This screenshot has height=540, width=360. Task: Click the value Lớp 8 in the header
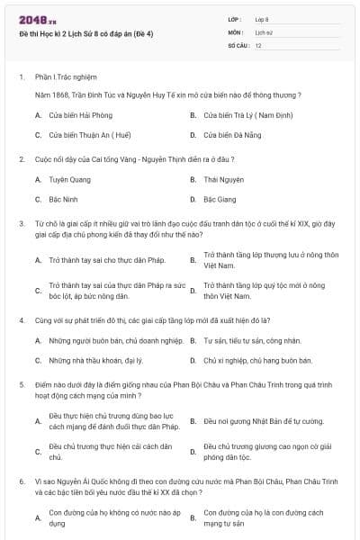click(x=262, y=19)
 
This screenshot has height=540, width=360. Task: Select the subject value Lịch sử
click(x=264, y=31)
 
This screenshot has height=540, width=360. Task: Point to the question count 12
click(x=258, y=45)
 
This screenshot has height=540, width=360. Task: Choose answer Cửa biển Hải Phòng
click(x=80, y=115)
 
